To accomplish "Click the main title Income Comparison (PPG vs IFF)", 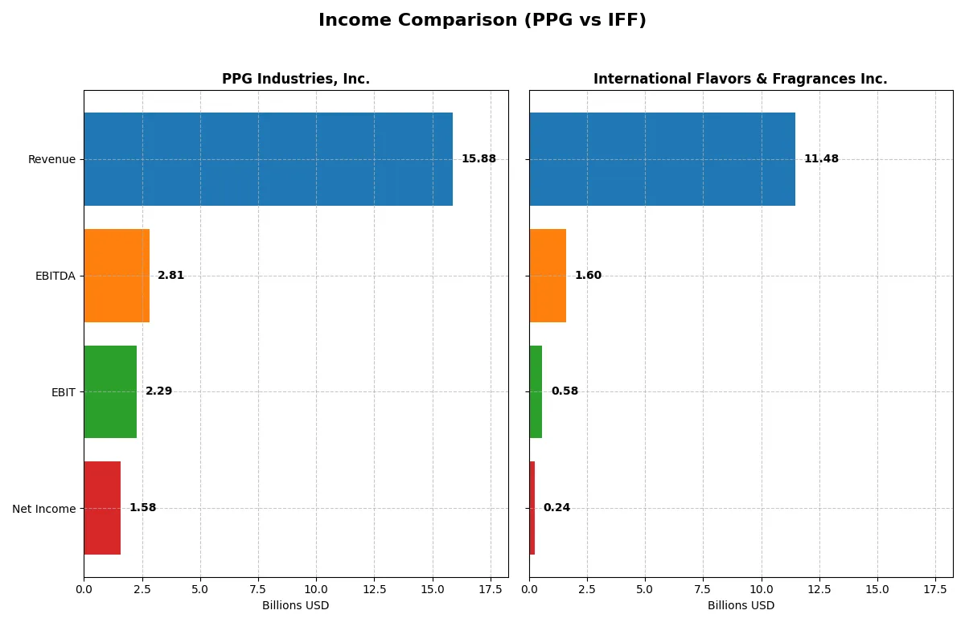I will click(x=482, y=20).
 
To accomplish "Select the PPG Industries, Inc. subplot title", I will click(x=296, y=79).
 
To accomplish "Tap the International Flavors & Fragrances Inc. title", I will click(x=740, y=79).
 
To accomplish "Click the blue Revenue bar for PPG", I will click(x=268, y=159).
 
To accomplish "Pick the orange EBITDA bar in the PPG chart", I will click(x=117, y=276).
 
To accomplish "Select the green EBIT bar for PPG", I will click(x=110, y=391).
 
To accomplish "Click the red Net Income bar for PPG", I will click(x=102, y=508).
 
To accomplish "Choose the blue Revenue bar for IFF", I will click(x=662, y=159).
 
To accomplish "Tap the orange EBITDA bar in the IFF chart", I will click(x=548, y=276).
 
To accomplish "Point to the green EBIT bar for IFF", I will click(x=536, y=391).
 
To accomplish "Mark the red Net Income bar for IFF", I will click(x=532, y=508).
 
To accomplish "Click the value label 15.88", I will click(x=478, y=159).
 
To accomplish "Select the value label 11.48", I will click(x=821, y=159).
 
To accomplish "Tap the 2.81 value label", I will click(x=170, y=276).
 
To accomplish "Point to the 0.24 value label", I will click(x=556, y=508).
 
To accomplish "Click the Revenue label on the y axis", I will click(x=51, y=159).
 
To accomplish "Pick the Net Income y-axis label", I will click(x=44, y=508).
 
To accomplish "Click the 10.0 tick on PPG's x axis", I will click(x=316, y=589).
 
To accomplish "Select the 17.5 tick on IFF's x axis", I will click(x=935, y=589).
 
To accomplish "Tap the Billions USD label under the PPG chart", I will click(x=295, y=605).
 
